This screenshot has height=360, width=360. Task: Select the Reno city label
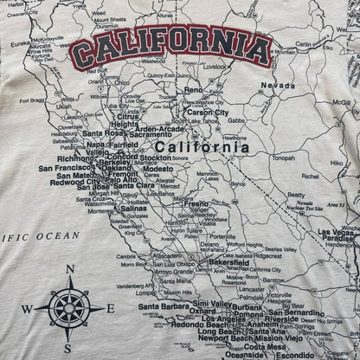coord(192,90)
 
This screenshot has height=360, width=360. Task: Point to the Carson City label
coord(208,112)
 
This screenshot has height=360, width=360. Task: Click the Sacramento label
coord(151,135)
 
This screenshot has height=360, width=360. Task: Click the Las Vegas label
coord(338,232)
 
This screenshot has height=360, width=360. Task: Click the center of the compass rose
coord(69,308)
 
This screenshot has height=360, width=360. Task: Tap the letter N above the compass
coord(69,270)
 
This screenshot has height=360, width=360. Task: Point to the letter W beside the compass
coord(27,310)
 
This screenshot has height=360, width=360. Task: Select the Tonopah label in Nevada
coord(283,157)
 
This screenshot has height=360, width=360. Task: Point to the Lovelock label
coord(215,66)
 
